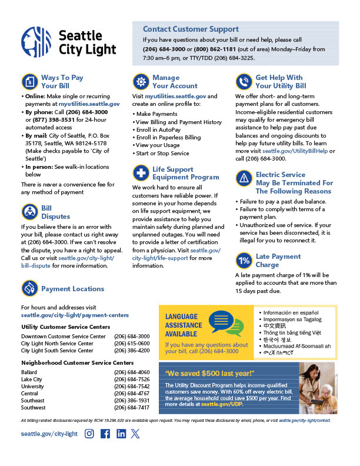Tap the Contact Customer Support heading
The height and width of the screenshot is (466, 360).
(x=191, y=29)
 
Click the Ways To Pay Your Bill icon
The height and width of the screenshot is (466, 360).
(x=29, y=81)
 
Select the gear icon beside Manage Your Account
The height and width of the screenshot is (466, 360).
(x=141, y=81)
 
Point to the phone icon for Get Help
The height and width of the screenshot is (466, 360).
(x=244, y=81)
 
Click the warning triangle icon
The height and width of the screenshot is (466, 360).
(x=244, y=178)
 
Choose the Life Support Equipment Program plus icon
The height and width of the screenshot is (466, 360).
(x=141, y=173)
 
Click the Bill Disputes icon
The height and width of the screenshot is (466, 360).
(x=29, y=212)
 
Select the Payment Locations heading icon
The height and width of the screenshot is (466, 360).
(x=29, y=288)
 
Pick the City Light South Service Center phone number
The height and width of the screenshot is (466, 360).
(x=132, y=350)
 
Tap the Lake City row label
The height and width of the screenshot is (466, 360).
(x=32, y=380)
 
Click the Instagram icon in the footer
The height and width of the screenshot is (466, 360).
(x=89, y=434)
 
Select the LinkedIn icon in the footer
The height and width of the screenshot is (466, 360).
(x=121, y=434)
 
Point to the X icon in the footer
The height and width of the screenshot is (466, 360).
(x=136, y=434)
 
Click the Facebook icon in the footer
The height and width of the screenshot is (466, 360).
(x=105, y=434)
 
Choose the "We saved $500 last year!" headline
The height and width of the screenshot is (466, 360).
(x=209, y=373)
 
